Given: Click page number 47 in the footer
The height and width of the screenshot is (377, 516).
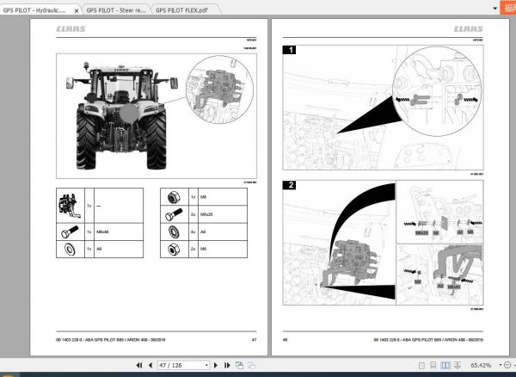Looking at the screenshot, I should point(255,340).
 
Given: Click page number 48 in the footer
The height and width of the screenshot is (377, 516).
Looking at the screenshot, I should point(286,340).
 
